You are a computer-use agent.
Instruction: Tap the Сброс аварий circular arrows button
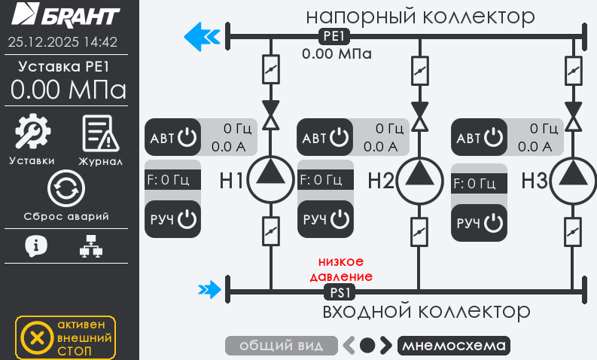coord(65,189)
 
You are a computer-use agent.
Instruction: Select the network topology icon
coord(91,246)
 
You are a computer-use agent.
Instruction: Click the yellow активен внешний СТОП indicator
coord(65,337)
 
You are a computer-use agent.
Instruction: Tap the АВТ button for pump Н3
coord(479,138)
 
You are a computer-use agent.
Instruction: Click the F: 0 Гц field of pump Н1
coord(172,179)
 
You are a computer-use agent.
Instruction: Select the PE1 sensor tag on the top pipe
coord(333,36)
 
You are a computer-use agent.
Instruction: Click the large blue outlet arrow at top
coord(201,35)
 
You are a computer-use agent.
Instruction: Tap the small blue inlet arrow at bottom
coord(209,288)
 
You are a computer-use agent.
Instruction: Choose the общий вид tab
coord(282,346)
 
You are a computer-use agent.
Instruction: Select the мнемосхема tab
coord(452,346)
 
